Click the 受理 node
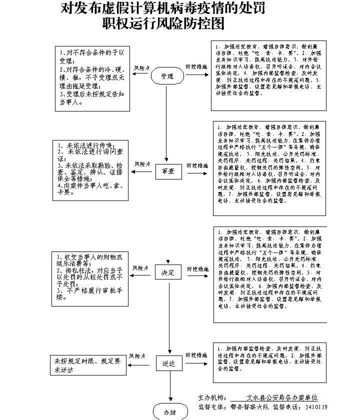pos(167,76)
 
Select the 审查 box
pos(167,171)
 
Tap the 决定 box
pos(167,273)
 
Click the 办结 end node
pos(169,412)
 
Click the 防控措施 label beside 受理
pos(196,67)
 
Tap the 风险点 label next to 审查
pos(141,164)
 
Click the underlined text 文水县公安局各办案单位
pos(278,397)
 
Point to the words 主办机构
pos(211,397)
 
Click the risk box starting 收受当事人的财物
pos(90,278)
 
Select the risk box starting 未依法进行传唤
pos(90,170)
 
